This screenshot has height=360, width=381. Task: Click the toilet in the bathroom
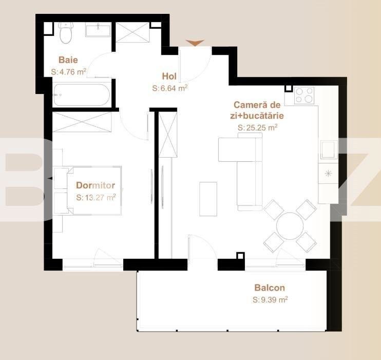tap(65, 33)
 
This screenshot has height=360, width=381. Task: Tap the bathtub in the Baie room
tap(81, 94)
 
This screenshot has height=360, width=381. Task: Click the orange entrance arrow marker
tap(195, 43)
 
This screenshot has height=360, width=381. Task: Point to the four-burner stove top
tap(304, 95)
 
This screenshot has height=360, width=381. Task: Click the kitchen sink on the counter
tap(328, 150)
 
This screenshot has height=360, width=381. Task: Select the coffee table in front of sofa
tap(208, 199)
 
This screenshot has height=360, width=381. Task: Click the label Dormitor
tap(96, 185)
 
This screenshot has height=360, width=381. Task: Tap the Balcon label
tap(270, 288)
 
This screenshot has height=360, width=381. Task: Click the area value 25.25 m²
tap(257, 127)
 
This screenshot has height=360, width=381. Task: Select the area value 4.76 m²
tap(68, 72)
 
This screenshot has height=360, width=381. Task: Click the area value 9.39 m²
tap(270, 300)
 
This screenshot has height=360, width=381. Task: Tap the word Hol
tap(169, 77)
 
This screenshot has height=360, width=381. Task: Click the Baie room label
tap(68, 60)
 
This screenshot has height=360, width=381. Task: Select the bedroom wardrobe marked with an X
tap(82, 122)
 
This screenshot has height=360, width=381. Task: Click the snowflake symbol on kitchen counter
tap(328, 174)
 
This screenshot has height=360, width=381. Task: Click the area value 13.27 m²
tap(96, 197)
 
